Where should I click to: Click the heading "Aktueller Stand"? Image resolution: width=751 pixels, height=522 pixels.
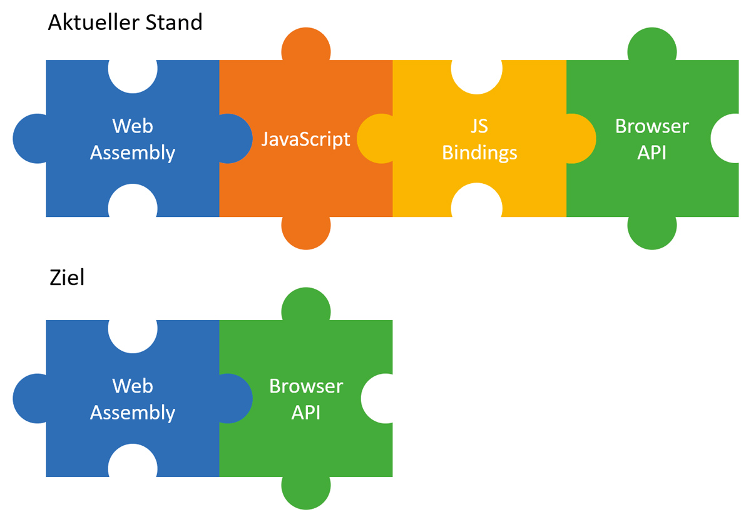point(125,23)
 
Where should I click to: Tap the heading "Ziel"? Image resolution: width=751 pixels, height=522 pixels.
point(67,278)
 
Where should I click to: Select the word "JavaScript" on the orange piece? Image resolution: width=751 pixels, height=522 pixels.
point(305,139)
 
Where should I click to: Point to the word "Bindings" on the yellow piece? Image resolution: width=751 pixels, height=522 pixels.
point(479,153)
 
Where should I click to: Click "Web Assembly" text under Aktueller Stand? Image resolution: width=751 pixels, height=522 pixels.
point(133,139)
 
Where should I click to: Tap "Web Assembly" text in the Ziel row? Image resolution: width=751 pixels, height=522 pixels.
point(133,399)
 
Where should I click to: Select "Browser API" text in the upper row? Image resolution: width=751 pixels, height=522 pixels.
point(651,139)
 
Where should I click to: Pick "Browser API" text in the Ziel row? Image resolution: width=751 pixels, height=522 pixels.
point(306,399)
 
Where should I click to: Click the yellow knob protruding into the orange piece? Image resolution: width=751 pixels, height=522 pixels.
point(374,139)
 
